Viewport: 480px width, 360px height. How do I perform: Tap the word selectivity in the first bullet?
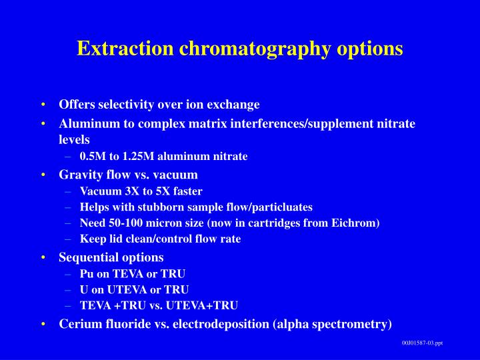point(126,105)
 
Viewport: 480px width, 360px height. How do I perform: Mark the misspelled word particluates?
point(280,207)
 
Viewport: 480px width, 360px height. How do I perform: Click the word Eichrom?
point(356,223)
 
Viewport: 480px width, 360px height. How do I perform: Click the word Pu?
point(87,273)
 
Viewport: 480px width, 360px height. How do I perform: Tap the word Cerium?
point(79,324)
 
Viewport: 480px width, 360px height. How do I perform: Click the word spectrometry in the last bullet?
point(356,324)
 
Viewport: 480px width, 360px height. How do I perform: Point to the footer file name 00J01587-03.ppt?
point(422,343)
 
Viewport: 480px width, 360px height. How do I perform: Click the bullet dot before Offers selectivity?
point(43,105)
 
